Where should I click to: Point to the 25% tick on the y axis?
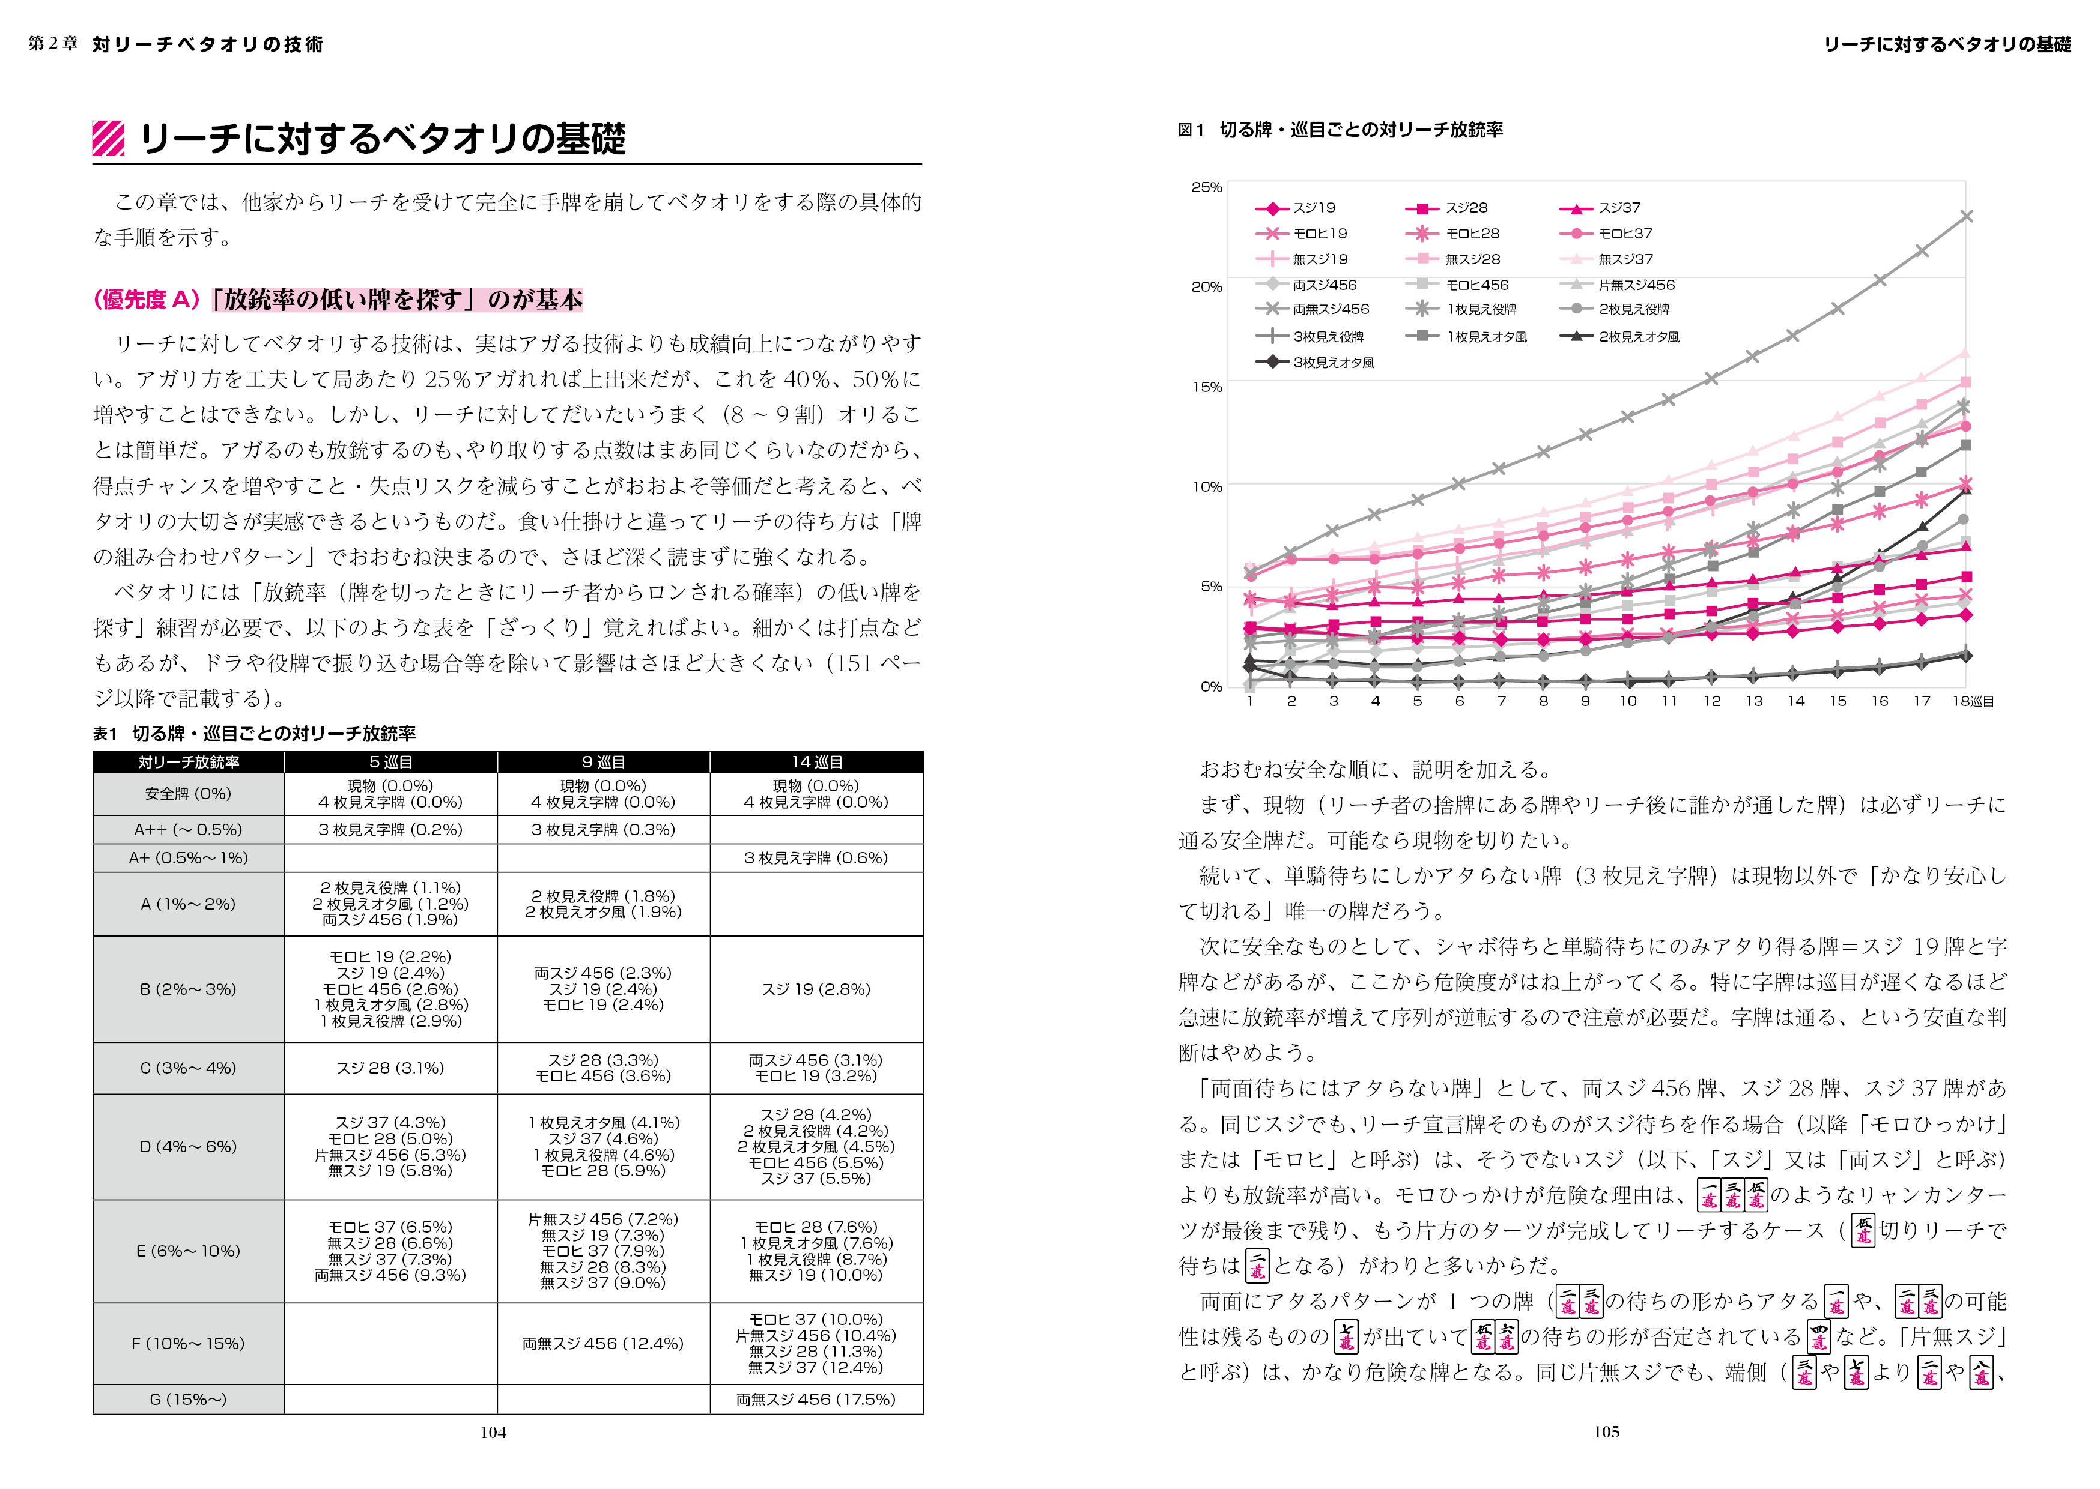(1206, 187)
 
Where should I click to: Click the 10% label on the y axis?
(1206, 487)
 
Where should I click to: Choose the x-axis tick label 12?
(1711, 701)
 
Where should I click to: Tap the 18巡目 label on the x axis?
(1971, 701)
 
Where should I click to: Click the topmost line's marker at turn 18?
(1965, 216)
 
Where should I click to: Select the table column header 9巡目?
(604, 762)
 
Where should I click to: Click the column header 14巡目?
(816, 762)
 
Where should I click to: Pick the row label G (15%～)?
(188, 1399)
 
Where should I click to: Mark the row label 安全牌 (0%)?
(188, 794)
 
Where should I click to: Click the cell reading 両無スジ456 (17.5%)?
(816, 1399)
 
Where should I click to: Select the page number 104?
(493, 1432)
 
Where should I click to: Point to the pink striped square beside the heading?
(108, 139)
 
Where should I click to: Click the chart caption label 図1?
(1191, 130)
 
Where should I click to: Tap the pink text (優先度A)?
(147, 300)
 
